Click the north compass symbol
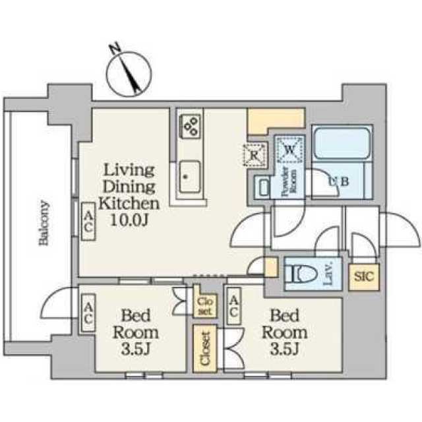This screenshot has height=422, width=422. click(x=129, y=72)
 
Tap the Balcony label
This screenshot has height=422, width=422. click(x=44, y=223)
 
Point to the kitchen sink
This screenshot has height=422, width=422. click(x=190, y=177)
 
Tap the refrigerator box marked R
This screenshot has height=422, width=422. click(x=255, y=155)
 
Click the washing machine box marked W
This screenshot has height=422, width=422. click(x=290, y=150)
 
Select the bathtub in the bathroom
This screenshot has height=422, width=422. click(x=342, y=143)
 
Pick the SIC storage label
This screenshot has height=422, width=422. click(x=364, y=276)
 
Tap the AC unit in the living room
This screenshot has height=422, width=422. click(x=88, y=222)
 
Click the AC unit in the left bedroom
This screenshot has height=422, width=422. click(x=88, y=313)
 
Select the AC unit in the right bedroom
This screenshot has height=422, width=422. click(x=234, y=305)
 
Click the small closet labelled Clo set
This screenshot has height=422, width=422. click(x=205, y=306)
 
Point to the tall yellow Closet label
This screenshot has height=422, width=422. click(x=205, y=349)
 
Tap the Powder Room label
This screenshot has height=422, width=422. click(x=289, y=181)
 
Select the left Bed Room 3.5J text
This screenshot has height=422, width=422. click(x=136, y=332)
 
